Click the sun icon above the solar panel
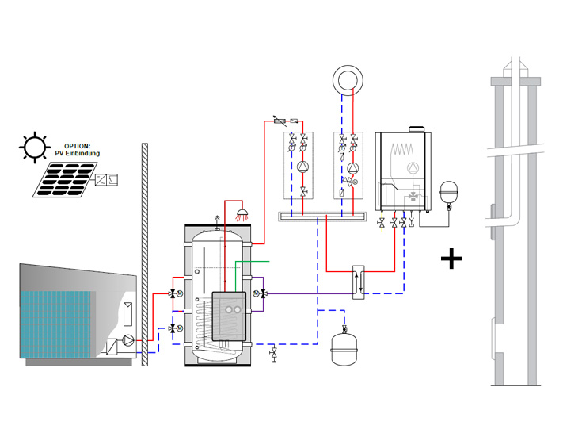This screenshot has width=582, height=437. (x=35, y=147)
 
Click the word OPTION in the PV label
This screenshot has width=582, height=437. (x=78, y=146)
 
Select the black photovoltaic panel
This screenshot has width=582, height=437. (x=65, y=179)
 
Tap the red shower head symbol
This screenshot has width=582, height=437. (x=242, y=213)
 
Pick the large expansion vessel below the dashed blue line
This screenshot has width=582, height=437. (x=344, y=350)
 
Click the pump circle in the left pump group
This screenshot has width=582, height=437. (x=303, y=167)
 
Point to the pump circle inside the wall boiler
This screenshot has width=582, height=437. (x=412, y=167)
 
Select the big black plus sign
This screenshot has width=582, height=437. (x=451, y=259)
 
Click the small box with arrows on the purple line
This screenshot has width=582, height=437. (x=359, y=282)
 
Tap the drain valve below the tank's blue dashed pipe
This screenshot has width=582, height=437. (x=274, y=354)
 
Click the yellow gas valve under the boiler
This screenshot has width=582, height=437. (x=382, y=223)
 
